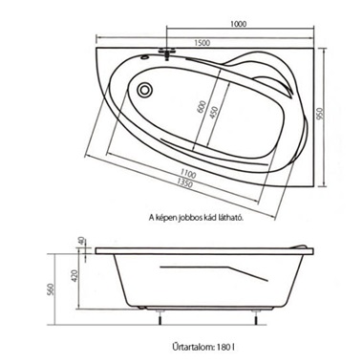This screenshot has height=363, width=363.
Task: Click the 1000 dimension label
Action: click(239, 24)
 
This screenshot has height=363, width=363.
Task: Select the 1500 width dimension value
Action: click(203, 42)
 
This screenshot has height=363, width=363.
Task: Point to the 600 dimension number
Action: click(202, 107)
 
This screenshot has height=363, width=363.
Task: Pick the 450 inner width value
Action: click(214, 112)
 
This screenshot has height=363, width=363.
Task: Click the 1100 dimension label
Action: click(188, 174)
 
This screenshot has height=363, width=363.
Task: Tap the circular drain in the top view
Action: click(145, 90)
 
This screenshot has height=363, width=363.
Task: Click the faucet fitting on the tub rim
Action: click(167, 53)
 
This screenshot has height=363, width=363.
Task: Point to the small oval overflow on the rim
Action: click(145, 57)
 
